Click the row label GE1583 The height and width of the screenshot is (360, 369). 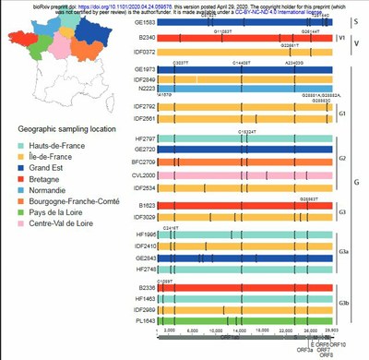tap(145, 20)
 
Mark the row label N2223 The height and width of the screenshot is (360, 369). tap(147, 89)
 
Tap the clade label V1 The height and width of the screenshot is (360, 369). tap(344, 39)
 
